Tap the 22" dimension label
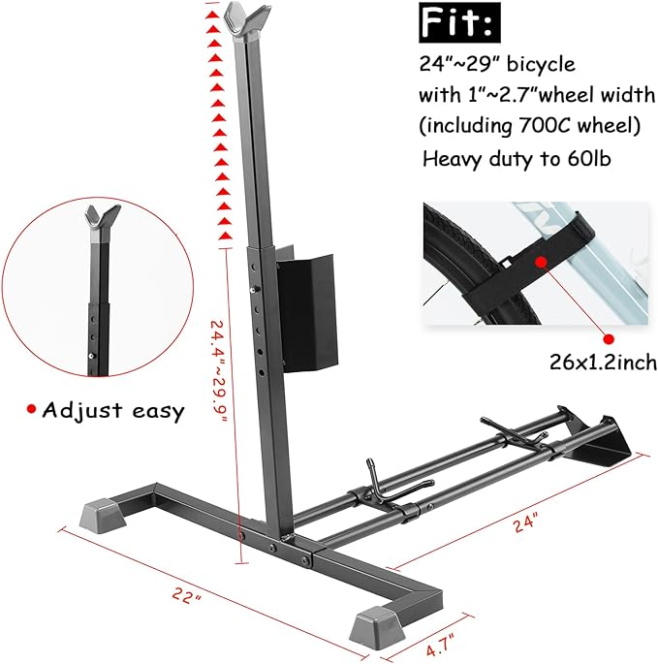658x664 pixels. point(184,597)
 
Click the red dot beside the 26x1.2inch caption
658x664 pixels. point(609,338)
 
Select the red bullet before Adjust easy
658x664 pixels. point(31,410)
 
